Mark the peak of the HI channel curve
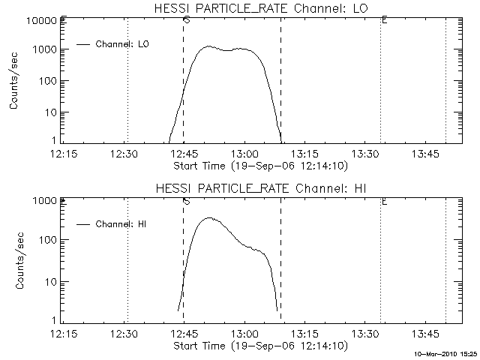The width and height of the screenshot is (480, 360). [x=209, y=217]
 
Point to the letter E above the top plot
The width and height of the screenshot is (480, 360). [x=384, y=19]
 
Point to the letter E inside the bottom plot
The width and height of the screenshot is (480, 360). [x=384, y=201]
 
